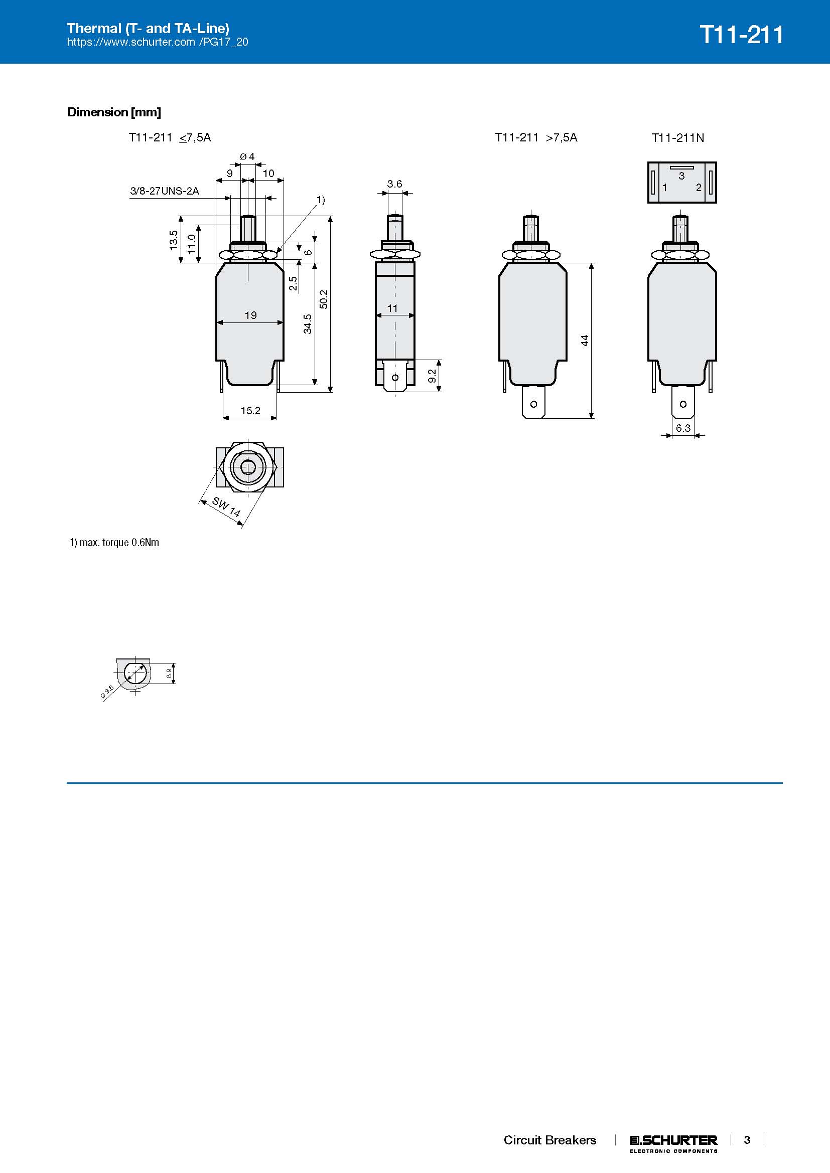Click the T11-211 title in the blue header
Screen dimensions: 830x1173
pos(741,35)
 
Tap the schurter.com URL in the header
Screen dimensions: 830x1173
pos(158,42)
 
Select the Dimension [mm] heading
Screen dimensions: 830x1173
pos(114,112)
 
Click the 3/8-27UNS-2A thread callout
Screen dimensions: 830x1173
pos(165,191)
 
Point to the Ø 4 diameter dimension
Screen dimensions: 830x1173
pos(247,156)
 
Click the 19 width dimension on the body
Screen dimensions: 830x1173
pos(250,315)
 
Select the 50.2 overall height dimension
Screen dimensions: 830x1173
pos(324,299)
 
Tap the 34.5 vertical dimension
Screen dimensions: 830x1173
pos(308,324)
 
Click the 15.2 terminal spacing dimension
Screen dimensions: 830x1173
pos(250,410)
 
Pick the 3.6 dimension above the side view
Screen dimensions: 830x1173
pos(394,184)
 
